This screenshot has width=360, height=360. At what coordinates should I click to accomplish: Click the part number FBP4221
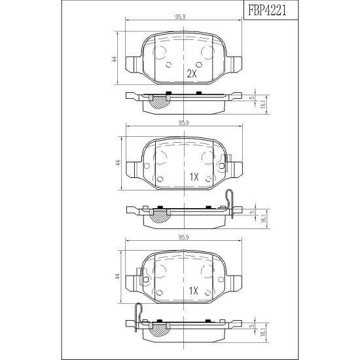[x=267, y=10]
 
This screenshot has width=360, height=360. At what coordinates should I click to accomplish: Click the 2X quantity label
[x=192, y=74]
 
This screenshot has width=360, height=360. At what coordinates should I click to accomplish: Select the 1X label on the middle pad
[x=194, y=177]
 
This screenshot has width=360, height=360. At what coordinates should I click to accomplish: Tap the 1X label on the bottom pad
[x=194, y=291]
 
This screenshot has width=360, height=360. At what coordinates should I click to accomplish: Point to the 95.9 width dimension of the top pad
[x=180, y=17]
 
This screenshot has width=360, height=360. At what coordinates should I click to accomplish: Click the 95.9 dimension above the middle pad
[x=183, y=123]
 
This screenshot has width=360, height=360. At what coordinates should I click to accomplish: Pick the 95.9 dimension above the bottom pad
[x=183, y=238]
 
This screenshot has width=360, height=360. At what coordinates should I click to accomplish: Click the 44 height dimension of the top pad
[x=115, y=59]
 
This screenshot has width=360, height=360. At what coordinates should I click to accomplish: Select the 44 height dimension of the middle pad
[x=118, y=163]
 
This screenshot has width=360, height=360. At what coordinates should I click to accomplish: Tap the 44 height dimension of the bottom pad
[x=118, y=276]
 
